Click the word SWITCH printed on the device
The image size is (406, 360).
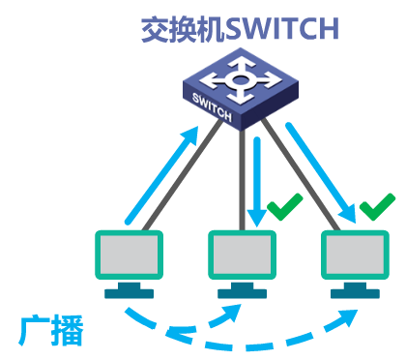pos(214,106)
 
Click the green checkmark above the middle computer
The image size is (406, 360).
pos(286,206)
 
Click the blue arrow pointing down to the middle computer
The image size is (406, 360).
pos(257,179)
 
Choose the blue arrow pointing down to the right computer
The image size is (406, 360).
pos(324,165)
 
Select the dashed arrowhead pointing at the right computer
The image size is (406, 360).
pos(346,312)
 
